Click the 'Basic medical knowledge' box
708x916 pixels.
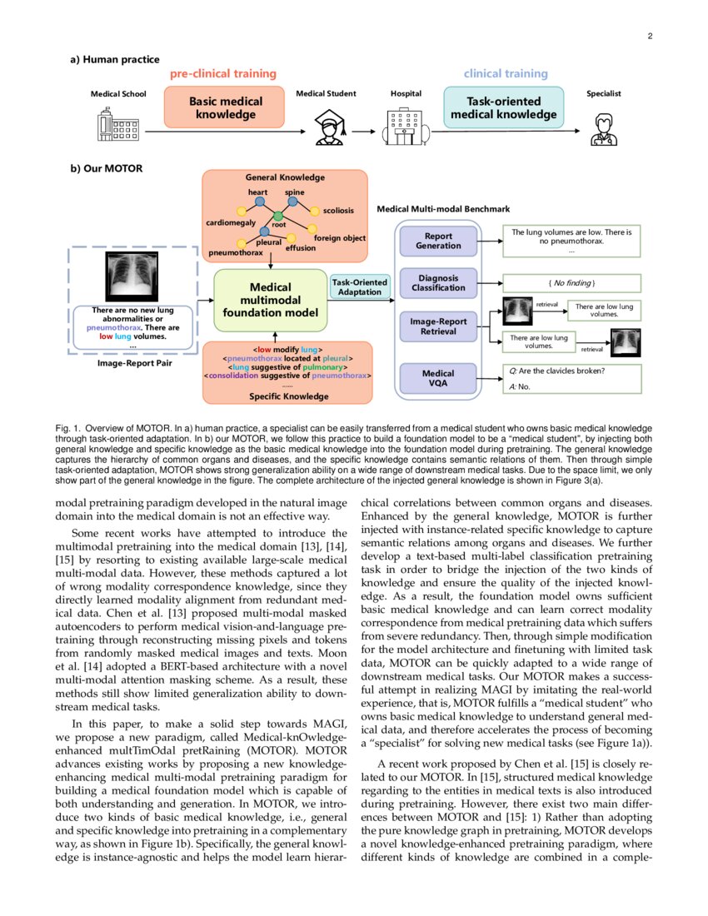pyautogui.click(x=225, y=107)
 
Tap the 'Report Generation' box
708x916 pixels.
pyautogui.click(x=438, y=241)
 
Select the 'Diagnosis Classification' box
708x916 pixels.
pyautogui.click(x=438, y=282)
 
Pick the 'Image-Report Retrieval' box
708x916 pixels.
pyautogui.click(x=438, y=326)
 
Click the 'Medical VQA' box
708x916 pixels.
pyautogui.click(x=438, y=380)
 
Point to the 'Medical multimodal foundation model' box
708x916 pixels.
pyautogui.click(x=271, y=300)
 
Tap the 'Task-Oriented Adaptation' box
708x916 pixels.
pyautogui.click(x=360, y=287)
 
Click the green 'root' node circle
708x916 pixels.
pyautogui.click(x=278, y=217)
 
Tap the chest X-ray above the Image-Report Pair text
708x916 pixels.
pyautogui.click(x=133, y=277)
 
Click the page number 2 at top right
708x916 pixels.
pyautogui.click(x=649, y=37)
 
